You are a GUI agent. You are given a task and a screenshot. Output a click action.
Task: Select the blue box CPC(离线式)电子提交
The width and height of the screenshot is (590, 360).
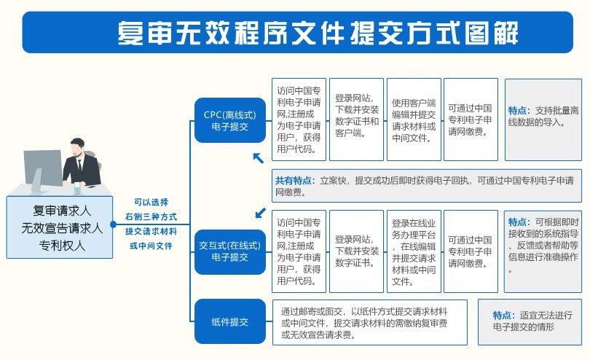point(229,120)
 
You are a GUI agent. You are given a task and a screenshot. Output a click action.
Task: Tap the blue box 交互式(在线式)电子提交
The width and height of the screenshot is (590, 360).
point(229,251)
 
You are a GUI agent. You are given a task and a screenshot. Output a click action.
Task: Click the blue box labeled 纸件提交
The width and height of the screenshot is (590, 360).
point(229,321)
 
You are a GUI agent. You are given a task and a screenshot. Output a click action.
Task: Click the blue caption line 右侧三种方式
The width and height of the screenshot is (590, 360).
point(151,217)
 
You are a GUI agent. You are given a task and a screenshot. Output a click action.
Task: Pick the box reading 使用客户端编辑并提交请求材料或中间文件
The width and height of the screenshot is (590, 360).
point(414,119)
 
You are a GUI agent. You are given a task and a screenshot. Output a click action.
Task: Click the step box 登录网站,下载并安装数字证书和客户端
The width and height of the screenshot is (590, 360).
point(357,119)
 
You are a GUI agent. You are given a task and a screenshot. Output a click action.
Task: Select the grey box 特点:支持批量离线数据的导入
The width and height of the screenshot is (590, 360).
point(543,119)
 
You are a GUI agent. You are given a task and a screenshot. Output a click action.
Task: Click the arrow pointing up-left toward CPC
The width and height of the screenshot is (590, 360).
point(257,158)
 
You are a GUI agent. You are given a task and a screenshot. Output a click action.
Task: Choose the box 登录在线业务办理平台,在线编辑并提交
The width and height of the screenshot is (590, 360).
point(414,251)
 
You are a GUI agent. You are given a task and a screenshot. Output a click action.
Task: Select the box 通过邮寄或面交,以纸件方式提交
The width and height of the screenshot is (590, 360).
point(369,321)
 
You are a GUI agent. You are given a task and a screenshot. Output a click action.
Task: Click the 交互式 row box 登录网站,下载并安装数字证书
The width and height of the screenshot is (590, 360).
point(357,251)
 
